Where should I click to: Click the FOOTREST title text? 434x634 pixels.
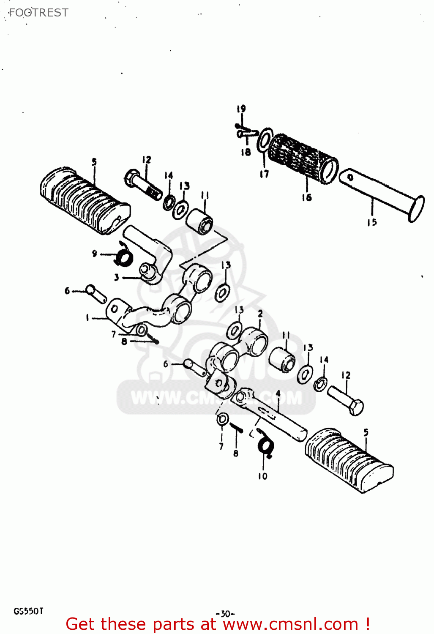pos(38,13)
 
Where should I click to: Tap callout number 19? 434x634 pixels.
pos(241,109)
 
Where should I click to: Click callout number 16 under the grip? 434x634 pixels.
pos(307,197)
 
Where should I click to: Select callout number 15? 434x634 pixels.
pos(372,222)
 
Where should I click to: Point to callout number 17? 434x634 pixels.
pos(264,174)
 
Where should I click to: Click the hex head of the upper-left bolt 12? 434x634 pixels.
pos(132,178)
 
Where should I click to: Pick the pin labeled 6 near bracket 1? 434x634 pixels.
pos(96,293)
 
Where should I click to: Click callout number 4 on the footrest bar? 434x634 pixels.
pos(278,394)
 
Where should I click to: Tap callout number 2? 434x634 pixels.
pos(260,313)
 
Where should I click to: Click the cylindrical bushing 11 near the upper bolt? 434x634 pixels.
pos(200,221)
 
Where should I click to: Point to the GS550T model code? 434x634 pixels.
pos(28,611)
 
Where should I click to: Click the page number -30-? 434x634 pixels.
pos(225,613)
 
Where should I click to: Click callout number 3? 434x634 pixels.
pos(116,278)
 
